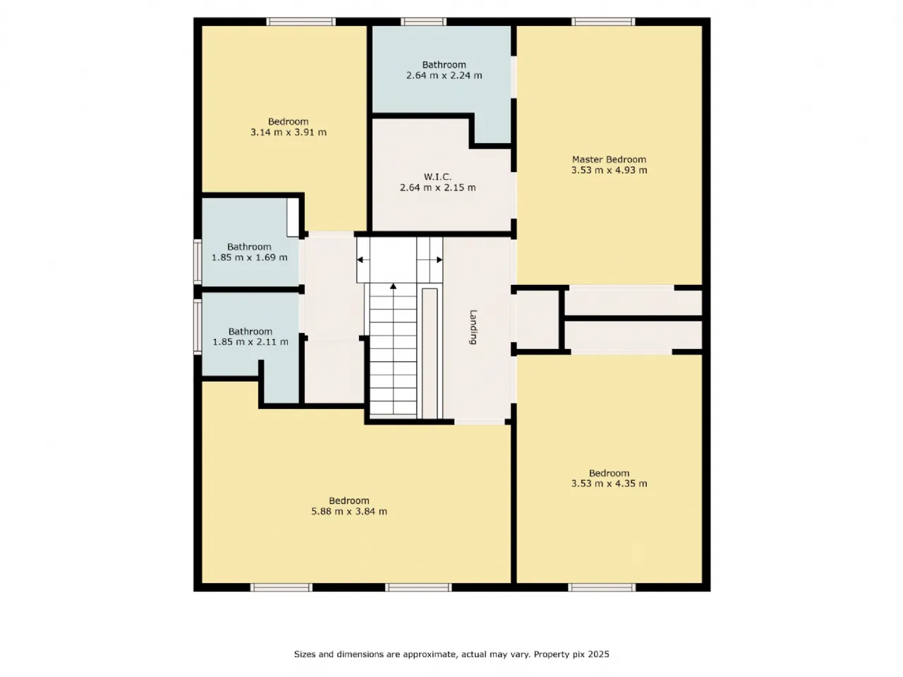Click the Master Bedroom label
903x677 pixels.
[609, 159]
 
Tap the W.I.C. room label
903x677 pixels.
[437, 177]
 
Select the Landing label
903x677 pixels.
[473, 327]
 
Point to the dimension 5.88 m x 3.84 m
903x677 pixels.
[349, 511]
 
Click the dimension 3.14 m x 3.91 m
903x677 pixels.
[289, 132]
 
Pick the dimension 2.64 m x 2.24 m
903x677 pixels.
[444, 75]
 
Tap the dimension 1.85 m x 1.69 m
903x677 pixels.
[249, 257]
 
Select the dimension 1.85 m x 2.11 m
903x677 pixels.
[250, 341]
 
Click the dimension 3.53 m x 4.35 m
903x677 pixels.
[609, 483]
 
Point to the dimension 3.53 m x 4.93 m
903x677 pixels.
[609, 170]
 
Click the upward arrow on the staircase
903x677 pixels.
[393, 286]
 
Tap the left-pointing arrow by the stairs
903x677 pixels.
[360, 260]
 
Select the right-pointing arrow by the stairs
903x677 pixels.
[440, 260]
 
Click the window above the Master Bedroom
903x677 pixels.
[602, 21]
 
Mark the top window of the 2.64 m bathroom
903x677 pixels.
[423, 21]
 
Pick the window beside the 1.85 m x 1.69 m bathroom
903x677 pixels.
[198, 262]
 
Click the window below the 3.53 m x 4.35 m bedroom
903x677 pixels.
[602, 587]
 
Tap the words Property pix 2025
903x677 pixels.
[571, 654]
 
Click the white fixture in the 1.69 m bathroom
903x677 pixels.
[293, 217]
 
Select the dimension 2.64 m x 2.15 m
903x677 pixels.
[437, 188]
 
